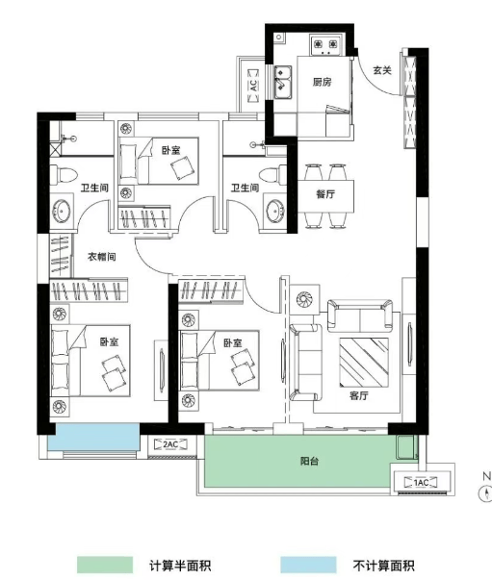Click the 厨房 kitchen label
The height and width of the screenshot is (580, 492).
point(322,82)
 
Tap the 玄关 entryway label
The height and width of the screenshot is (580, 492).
point(381,70)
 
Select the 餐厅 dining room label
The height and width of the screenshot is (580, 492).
point(325,194)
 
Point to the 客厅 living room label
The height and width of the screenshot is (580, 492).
point(358,395)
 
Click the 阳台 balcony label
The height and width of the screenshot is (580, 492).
point(309,461)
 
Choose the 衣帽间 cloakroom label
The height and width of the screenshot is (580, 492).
point(101,257)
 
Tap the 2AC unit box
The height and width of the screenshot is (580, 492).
point(170,443)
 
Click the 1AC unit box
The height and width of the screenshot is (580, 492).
point(421,482)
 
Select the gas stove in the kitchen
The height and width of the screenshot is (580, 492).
point(325,45)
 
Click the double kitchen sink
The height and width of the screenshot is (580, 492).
point(283,83)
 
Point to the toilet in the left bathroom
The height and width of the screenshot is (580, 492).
point(64,174)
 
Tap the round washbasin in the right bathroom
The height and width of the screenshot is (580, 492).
point(275,212)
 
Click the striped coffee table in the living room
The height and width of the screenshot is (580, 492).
point(364,363)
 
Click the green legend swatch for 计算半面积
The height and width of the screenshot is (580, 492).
point(105,565)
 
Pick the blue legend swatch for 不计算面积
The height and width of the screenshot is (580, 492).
point(308,565)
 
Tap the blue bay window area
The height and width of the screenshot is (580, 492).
point(93,438)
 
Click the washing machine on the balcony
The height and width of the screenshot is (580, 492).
point(406,447)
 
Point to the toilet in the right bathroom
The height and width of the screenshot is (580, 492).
point(272,174)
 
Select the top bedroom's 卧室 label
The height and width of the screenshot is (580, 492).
point(170,150)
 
